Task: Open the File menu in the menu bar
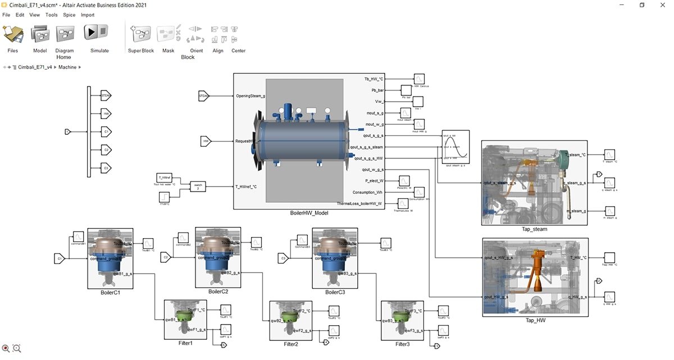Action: pos(6,15)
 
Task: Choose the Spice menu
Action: pos(69,15)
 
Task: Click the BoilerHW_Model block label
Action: pos(309,213)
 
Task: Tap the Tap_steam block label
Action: pos(534,229)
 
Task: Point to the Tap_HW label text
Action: pos(534,321)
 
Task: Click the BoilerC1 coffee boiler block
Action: pos(110,257)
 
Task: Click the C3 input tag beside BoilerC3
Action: pos(284,258)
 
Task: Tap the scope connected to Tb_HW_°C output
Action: pos(420,79)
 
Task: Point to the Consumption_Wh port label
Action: pos(367,192)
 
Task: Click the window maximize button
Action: pos(642,4)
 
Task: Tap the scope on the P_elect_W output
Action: pos(404,181)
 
